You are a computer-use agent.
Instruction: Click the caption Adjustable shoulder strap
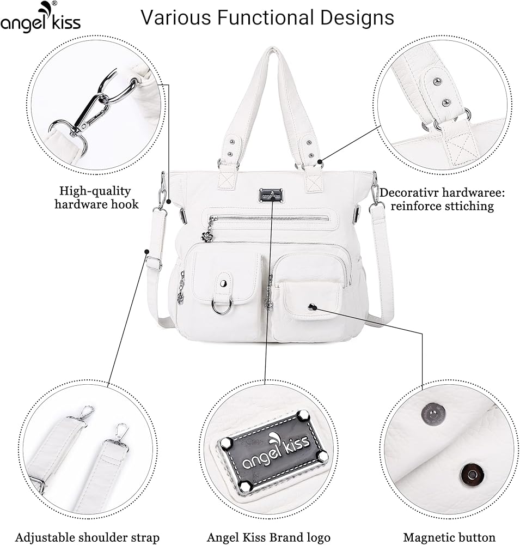87,537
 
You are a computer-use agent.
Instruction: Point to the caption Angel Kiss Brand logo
268,537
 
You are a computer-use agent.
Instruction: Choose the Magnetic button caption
449,537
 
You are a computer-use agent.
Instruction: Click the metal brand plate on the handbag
271,194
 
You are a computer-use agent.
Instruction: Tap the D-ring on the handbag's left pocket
222,307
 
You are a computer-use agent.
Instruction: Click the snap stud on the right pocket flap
311,307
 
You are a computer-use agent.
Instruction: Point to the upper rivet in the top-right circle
437,82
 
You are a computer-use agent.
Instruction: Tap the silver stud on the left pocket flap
223,282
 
